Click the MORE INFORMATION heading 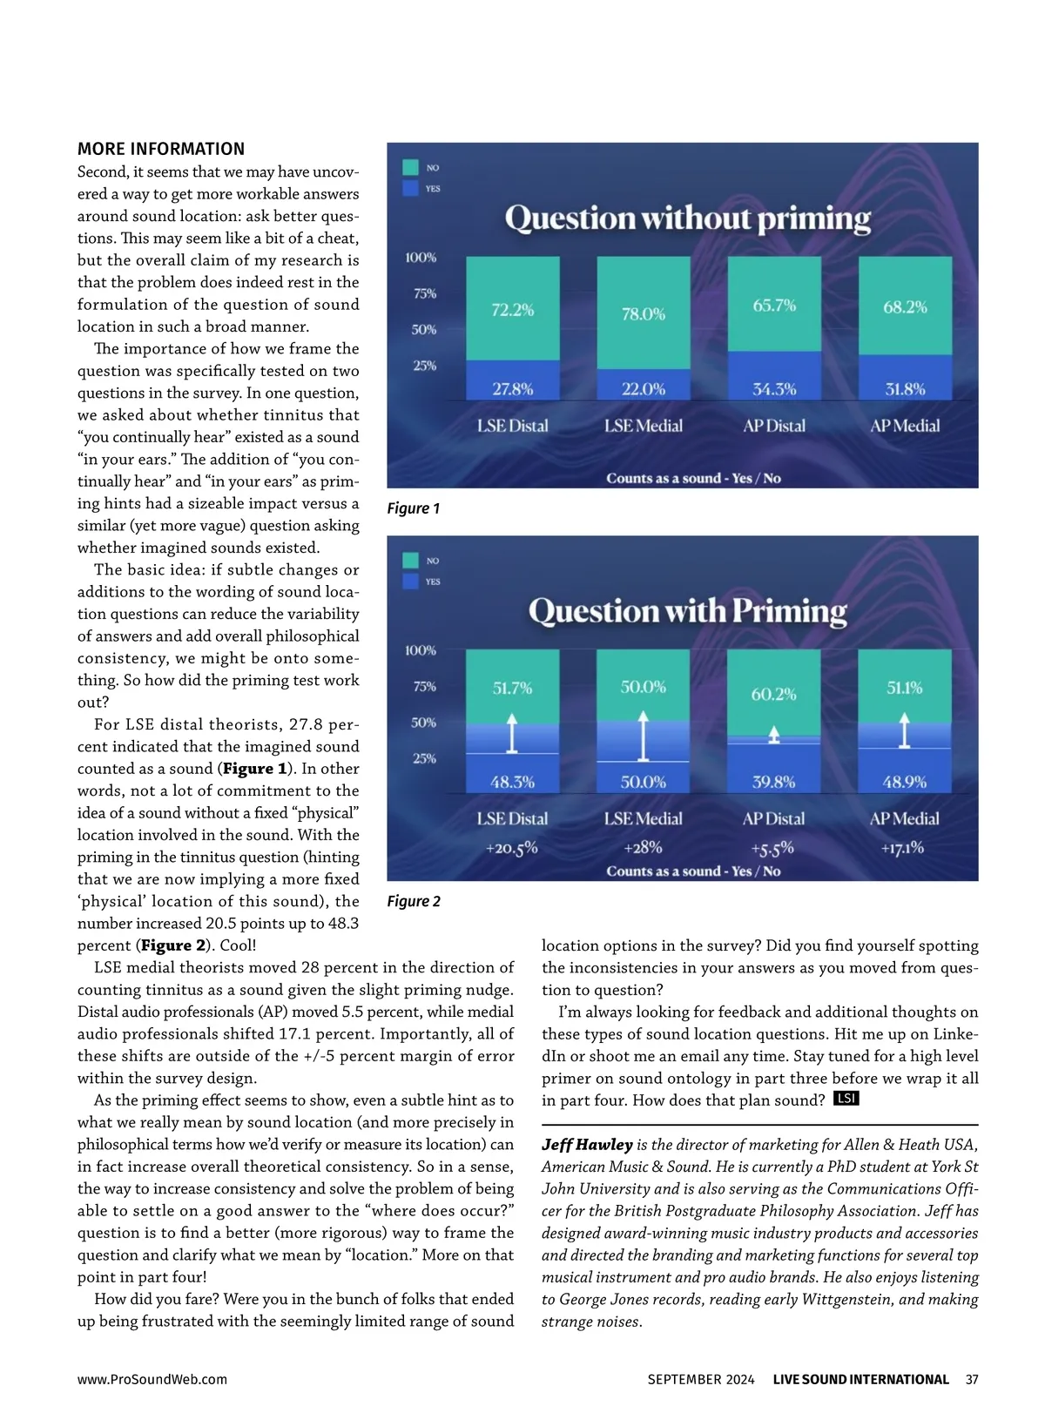click(161, 149)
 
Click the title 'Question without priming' click(687, 218)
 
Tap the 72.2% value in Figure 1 click(512, 310)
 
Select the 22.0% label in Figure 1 click(643, 389)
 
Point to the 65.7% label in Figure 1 click(774, 306)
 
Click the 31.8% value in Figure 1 click(905, 389)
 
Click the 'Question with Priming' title click(687, 611)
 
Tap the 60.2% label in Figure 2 click(773, 694)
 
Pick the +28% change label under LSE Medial click(643, 847)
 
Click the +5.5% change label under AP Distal click(772, 848)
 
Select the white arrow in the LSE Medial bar click(643, 736)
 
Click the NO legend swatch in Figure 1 click(410, 167)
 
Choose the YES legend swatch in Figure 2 click(410, 582)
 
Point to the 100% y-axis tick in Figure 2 click(421, 650)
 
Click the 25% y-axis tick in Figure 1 click(424, 366)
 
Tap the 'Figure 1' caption click(414, 508)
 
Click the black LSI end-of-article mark click(846, 1099)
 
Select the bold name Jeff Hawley click(587, 1145)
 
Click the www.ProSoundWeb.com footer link click(152, 1379)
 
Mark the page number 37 click(972, 1379)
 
